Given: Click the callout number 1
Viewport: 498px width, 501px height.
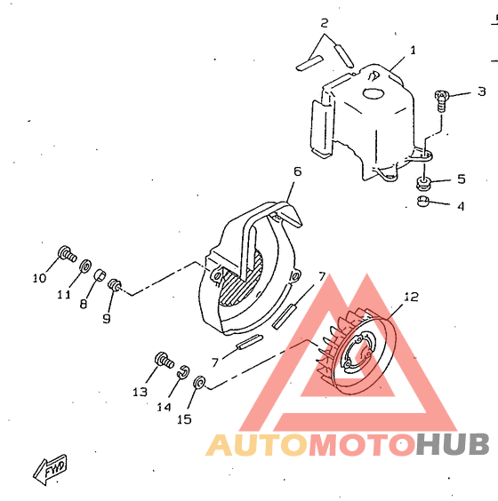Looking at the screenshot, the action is click(x=413, y=50).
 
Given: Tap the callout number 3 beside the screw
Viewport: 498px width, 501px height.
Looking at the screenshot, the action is click(x=482, y=91).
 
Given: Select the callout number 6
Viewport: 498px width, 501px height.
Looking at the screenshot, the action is click(x=297, y=171).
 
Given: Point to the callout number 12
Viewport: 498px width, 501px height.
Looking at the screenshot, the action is click(x=412, y=297).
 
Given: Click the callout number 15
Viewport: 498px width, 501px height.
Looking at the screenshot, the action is click(x=184, y=419).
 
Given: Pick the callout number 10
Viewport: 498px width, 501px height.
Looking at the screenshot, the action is click(x=40, y=278).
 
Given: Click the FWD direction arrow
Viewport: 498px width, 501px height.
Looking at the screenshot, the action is click(x=50, y=470).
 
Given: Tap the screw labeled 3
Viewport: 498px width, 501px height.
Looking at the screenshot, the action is click(x=442, y=101).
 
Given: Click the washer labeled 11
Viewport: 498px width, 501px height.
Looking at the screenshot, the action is click(x=85, y=266).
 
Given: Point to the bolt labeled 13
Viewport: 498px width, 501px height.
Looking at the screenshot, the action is click(x=165, y=361).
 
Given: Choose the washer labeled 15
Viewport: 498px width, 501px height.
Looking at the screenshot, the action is click(x=199, y=383).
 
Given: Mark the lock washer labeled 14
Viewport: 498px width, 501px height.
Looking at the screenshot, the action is click(x=183, y=371).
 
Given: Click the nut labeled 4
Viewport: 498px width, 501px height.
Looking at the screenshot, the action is click(x=422, y=202).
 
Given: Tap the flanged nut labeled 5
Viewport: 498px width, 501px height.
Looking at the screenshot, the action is click(x=423, y=183).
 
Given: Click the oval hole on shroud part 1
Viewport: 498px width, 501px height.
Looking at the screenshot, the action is click(x=373, y=93).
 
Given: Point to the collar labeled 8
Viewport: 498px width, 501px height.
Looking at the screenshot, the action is click(x=100, y=274).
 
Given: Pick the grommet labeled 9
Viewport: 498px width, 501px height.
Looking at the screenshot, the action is click(x=114, y=284).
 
